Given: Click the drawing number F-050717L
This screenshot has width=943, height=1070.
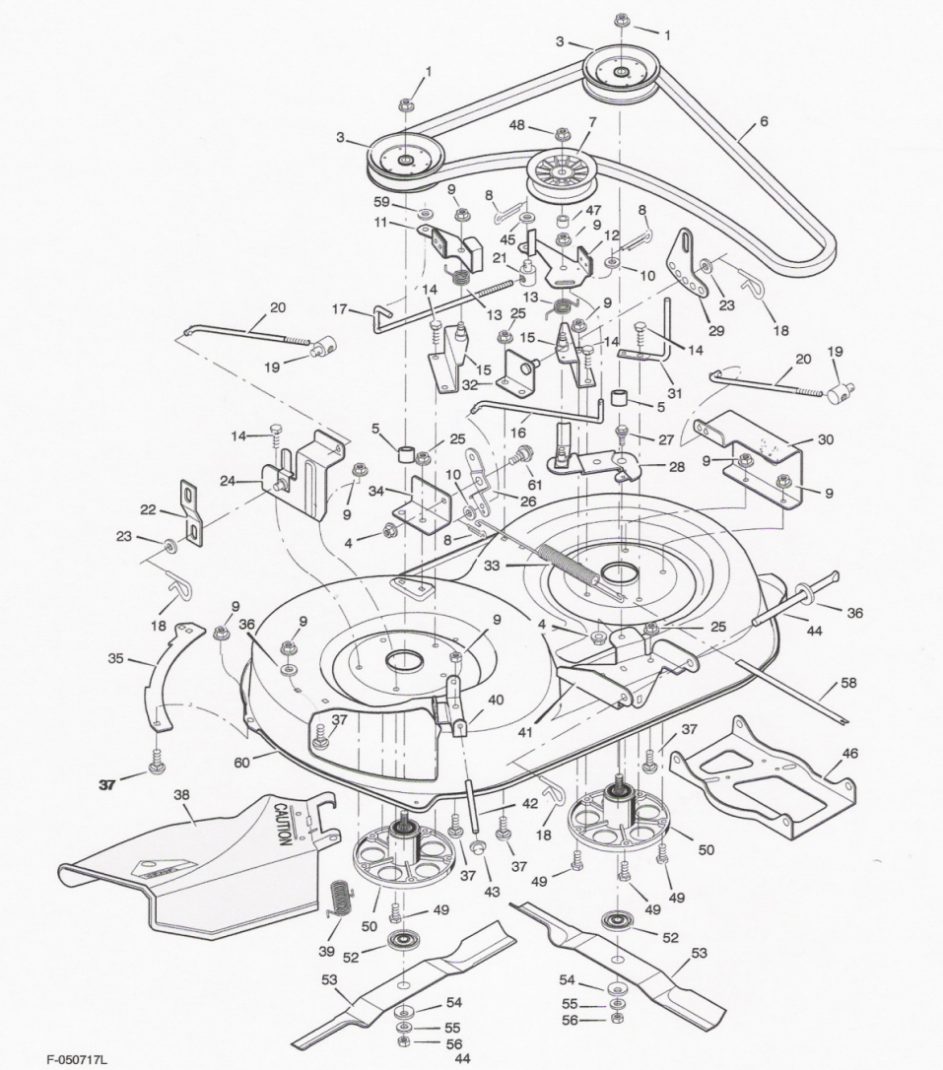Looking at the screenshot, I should pyautogui.click(x=77, y=1060).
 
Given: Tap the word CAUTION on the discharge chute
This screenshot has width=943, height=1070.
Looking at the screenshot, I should pyautogui.click(x=282, y=823).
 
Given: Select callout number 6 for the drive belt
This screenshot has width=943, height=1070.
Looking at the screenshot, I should pyautogui.click(x=764, y=121).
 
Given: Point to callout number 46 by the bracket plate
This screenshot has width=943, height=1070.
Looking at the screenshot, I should pyautogui.click(x=849, y=754).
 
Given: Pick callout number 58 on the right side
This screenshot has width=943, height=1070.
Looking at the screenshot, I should pyautogui.click(x=849, y=682).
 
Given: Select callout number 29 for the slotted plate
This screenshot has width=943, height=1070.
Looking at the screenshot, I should pyautogui.click(x=716, y=331).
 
